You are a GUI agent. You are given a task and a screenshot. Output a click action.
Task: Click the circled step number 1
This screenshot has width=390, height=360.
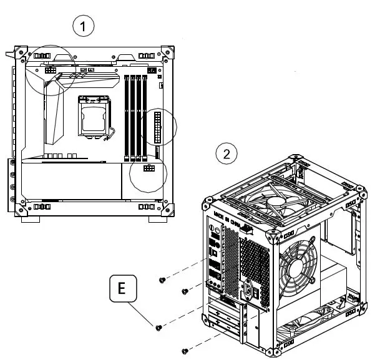pos(84,26)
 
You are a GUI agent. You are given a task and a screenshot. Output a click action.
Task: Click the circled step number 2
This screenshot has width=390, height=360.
pos(226,153)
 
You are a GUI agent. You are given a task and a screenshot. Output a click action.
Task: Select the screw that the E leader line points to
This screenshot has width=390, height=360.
pos(158,326)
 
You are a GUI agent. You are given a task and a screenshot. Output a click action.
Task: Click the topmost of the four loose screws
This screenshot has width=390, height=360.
pos(162,280)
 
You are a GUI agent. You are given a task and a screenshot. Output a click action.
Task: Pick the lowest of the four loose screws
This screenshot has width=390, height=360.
pos(185,349)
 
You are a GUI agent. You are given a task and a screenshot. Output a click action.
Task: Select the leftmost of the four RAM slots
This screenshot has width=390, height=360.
pos(127,115)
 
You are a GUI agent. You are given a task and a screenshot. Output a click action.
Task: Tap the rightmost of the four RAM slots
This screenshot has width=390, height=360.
pos(145,115)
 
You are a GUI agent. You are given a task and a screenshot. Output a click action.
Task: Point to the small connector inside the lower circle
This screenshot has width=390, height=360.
pos(149,169)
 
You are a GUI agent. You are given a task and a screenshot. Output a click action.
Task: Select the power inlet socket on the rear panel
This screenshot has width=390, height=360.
pos(253,289)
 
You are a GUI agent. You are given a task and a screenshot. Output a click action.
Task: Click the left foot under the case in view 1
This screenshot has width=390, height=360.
pos(31,219)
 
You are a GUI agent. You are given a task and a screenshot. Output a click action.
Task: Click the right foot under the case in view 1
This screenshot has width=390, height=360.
pos(157,219)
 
